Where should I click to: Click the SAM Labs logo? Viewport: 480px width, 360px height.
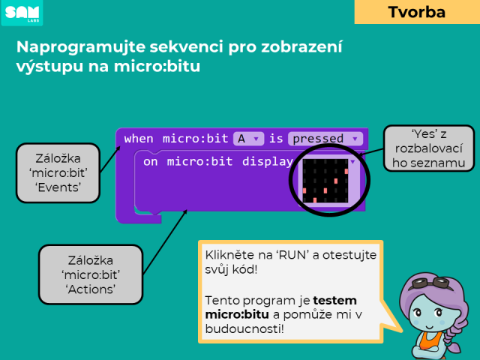22,13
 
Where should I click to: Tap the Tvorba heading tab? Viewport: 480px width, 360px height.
417,12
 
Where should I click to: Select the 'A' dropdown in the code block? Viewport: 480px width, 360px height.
248,139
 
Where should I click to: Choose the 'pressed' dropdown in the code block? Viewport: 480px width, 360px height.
325,139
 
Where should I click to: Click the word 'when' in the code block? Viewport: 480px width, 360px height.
139,139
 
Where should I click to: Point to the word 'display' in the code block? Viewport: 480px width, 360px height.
268,162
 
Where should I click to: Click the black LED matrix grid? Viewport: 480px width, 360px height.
325,181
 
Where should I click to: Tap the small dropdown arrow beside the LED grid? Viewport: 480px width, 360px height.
353,162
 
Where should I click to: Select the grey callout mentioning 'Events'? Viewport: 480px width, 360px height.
58,173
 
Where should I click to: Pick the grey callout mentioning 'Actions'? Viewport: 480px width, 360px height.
91,274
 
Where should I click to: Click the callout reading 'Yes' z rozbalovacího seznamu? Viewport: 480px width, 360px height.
428,148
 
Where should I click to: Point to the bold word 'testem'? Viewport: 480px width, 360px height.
334,301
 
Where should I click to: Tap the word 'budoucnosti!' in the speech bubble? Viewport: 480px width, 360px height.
244,329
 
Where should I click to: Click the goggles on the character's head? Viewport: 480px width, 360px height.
432,283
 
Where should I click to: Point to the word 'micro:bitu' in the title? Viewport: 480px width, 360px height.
157,67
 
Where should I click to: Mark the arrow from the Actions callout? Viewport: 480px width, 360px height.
165,241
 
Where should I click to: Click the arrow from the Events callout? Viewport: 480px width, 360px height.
110,160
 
